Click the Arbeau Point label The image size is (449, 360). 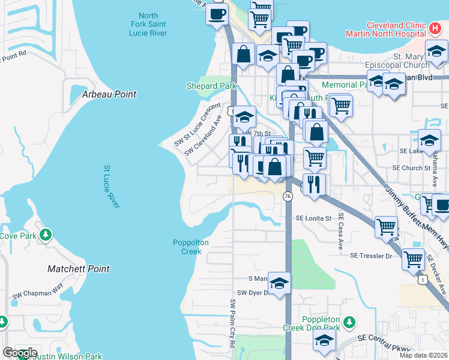pos(109,94)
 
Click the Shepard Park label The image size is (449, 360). pos(211,86)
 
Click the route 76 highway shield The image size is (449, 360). pos(288,197)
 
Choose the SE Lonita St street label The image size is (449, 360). pos(313,218)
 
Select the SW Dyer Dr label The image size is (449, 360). pos(252,293)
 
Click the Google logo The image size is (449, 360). pos(20,353)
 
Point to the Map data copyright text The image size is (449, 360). pos(423,355)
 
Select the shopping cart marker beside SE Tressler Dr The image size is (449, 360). pos(413,259)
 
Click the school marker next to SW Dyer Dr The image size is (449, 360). pos(279,283)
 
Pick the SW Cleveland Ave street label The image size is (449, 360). pos(203,139)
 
